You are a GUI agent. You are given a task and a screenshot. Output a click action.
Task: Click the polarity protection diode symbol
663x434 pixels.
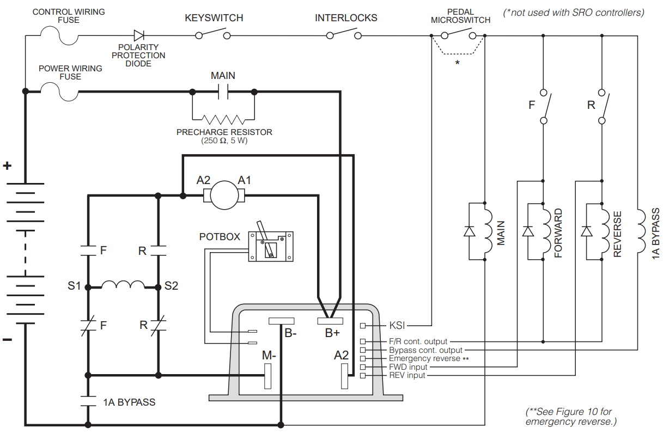[139, 36]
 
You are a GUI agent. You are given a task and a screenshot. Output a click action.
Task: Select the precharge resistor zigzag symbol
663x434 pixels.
[223, 119]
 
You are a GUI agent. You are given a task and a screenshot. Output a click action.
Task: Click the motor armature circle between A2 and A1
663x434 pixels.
[224, 194]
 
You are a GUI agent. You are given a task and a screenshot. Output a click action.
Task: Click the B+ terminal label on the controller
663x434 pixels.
[332, 333]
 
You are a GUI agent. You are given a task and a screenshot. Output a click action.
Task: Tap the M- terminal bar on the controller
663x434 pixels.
[267, 376]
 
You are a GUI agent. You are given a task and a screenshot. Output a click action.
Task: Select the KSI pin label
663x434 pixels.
[397, 326]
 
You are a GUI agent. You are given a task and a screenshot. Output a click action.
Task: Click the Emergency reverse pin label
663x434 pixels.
[429, 359]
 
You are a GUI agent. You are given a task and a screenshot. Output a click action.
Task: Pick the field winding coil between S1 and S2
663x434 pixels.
[123, 285]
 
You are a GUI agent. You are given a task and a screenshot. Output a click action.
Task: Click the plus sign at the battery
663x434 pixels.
[7, 166]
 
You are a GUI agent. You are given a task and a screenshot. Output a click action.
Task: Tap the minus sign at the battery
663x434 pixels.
[7, 340]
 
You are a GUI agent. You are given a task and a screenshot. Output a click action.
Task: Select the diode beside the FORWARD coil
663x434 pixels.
[527, 231]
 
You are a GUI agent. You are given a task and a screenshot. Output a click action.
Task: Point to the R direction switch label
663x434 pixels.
[591, 105]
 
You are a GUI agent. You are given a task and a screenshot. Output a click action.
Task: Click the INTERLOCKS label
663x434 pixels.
[346, 18]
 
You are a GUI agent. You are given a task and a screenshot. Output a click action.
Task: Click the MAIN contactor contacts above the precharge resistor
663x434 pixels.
[223, 92]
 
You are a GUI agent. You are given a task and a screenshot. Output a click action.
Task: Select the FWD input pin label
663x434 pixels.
[408, 367]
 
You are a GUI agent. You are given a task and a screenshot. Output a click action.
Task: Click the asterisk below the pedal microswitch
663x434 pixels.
[457, 63]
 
